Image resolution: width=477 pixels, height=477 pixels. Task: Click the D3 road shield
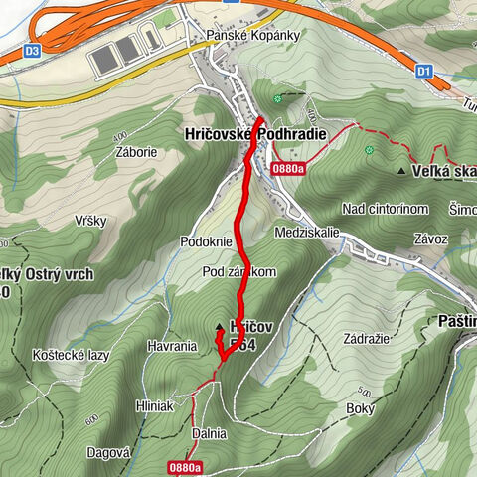[x=33, y=50]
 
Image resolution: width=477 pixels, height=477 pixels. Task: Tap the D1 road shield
[x=424, y=71]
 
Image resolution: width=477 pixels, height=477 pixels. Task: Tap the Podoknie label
[x=206, y=241]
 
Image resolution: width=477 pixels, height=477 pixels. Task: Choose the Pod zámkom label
[x=238, y=271]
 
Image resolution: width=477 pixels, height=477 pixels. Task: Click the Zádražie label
[x=365, y=338]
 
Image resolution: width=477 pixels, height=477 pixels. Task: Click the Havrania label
[x=169, y=346]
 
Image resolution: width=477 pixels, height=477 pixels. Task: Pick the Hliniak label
[x=154, y=406]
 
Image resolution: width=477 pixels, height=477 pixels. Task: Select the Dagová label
[x=108, y=451]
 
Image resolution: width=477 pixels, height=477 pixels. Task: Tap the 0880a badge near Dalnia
[x=185, y=466]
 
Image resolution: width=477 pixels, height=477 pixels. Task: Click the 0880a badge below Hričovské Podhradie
[x=285, y=168]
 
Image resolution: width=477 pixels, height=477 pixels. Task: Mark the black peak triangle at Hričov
[x=220, y=326]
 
